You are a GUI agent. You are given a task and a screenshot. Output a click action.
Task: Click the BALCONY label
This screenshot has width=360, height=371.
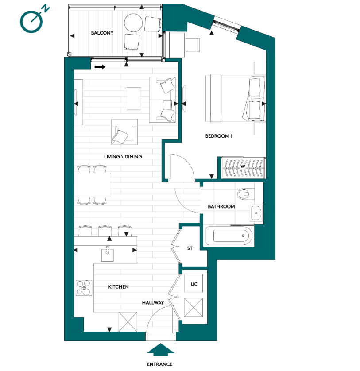(x=102, y=33)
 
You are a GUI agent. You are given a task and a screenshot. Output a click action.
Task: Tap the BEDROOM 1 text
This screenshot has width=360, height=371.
(x=219, y=136)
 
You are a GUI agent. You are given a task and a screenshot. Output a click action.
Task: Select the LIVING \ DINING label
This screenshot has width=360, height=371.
(x=123, y=157)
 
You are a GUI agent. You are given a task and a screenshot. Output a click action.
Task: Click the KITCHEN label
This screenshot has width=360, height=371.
(x=118, y=287)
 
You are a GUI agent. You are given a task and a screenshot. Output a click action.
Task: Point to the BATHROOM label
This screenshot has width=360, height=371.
(x=221, y=206)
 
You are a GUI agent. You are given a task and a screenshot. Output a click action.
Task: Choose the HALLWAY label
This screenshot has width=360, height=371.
(x=153, y=303)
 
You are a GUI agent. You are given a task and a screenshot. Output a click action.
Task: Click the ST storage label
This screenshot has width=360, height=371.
(x=190, y=248)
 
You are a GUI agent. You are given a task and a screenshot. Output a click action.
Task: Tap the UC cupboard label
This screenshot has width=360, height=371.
(x=194, y=284)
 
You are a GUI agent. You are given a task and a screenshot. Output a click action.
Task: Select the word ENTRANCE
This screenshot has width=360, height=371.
(x=160, y=364)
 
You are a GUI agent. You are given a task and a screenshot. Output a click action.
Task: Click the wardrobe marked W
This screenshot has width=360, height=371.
(x=242, y=167)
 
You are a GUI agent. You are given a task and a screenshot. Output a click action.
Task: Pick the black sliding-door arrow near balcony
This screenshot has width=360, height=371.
(x=100, y=67)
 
